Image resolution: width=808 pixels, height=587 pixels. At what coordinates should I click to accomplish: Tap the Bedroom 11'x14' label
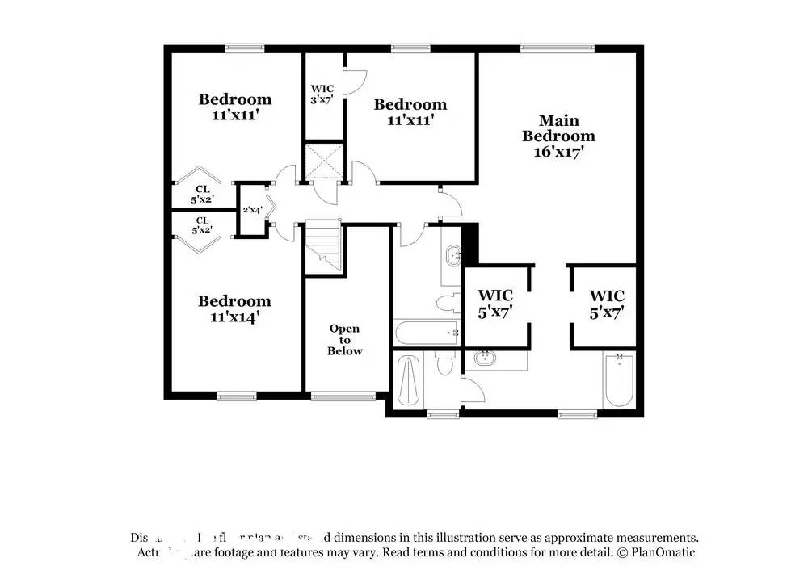click(235, 308)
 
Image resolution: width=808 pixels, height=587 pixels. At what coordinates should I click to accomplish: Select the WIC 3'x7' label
click(322, 94)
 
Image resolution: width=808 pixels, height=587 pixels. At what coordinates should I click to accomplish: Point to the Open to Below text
click(345, 340)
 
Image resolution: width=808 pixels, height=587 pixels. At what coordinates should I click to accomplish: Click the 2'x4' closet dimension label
click(252, 210)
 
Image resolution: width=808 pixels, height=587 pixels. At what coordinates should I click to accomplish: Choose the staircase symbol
click(324, 245)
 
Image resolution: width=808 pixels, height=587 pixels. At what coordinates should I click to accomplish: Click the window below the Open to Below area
click(343, 396)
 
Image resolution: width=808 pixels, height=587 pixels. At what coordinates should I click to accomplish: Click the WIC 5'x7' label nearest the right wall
click(606, 303)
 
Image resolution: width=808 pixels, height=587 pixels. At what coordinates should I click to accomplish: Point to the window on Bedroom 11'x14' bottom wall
click(235, 396)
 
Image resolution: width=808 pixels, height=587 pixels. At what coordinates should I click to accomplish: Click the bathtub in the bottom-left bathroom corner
click(409, 380)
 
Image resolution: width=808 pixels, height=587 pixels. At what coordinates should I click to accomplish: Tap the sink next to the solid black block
click(452, 254)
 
